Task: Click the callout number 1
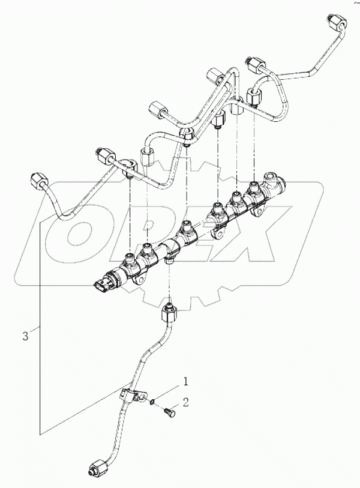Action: click(x=186, y=381)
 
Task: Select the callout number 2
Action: click(x=186, y=402)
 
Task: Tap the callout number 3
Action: click(x=25, y=337)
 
